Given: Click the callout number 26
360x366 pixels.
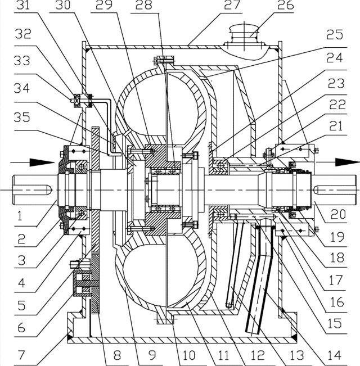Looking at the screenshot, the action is (285, 5).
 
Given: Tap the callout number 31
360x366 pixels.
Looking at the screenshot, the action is (23, 5).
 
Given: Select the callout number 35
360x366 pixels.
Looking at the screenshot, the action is (22, 117).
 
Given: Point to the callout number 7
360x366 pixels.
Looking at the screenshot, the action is (21, 355).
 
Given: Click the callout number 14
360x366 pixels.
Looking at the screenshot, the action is (335, 355).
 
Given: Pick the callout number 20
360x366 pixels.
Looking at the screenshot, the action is (337, 214).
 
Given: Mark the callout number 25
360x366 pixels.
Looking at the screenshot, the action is (335, 34).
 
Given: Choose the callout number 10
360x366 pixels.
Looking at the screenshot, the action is (188, 355).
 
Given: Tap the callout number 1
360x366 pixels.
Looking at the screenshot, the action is (20, 216).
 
